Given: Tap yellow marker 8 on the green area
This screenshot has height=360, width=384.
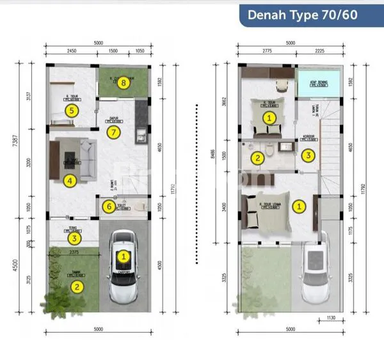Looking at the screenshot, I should (124, 82).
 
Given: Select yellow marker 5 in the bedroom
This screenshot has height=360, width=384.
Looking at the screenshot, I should (72, 111).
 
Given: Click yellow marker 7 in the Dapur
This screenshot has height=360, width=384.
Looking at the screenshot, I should (114, 133).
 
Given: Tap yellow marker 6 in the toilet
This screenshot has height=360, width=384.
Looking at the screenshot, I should (109, 207).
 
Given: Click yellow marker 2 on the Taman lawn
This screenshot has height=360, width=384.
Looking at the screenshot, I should (77, 286).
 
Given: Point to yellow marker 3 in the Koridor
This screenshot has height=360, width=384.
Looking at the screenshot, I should (308, 155).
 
